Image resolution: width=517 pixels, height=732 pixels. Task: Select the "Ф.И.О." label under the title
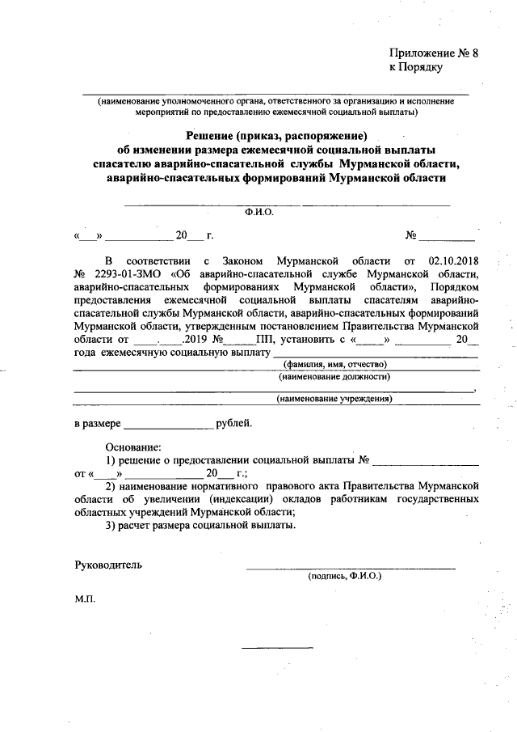pos(259,213)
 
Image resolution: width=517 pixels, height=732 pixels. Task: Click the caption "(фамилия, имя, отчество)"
pos(336,364)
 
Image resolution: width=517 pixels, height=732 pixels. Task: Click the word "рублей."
pos(234,422)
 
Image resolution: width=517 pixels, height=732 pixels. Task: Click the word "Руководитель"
pos(108,565)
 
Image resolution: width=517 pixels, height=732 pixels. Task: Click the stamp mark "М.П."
pos(85,602)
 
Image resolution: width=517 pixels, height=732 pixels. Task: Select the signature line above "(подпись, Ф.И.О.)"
pos(351,569)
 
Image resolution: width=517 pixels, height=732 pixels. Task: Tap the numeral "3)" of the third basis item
pos(111,526)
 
